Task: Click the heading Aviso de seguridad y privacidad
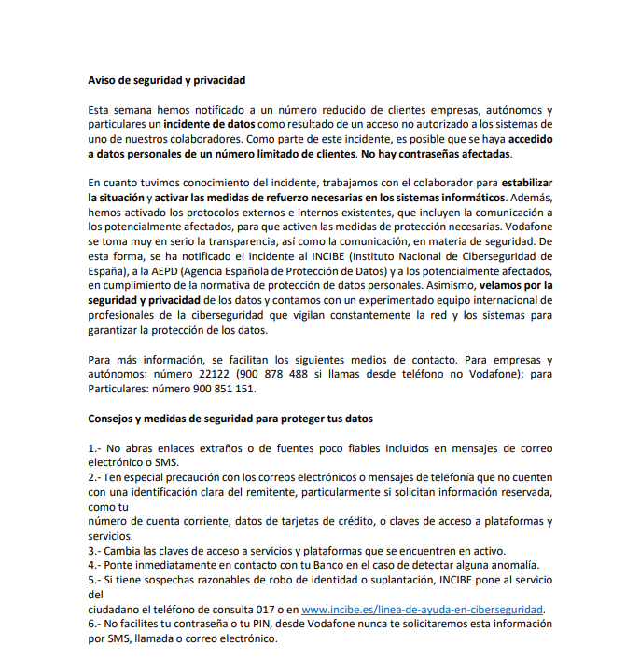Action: (167, 80)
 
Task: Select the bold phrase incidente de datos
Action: (208, 124)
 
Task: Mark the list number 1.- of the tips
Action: (95, 447)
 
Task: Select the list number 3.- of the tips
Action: (95, 550)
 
